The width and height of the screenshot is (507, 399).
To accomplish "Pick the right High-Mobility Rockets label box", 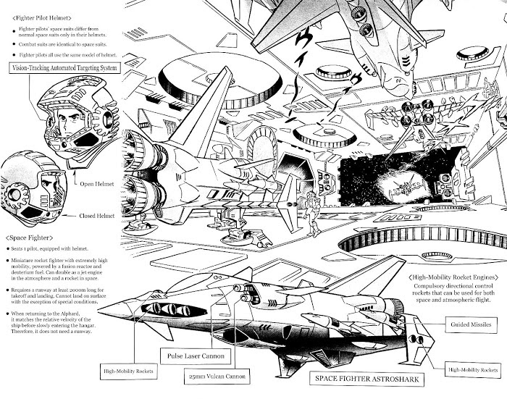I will [x=470, y=369].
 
